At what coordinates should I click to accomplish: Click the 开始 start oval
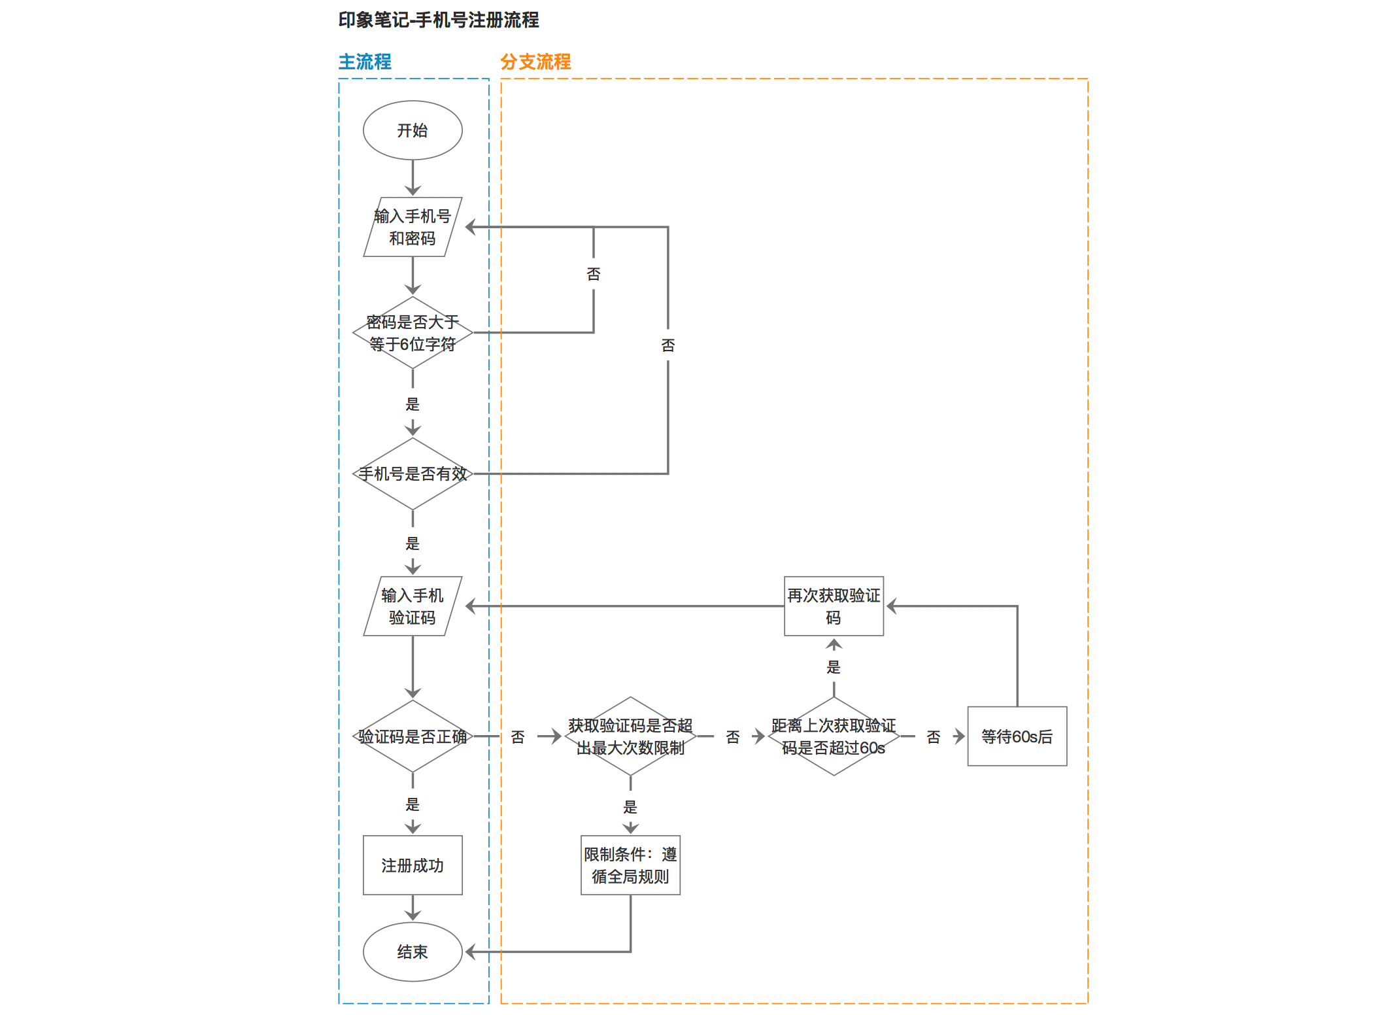coord(413,130)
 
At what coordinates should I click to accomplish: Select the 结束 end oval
coord(413,952)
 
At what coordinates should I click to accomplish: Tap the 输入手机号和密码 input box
coord(413,227)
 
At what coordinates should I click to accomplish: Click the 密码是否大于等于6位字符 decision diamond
coord(413,333)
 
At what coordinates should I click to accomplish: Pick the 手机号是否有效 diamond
coord(413,473)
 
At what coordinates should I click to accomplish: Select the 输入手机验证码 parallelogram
coord(413,606)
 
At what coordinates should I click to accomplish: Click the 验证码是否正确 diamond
coord(413,736)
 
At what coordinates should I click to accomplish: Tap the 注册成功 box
coord(413,865)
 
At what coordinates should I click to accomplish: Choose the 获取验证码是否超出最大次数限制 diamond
coord(630,736)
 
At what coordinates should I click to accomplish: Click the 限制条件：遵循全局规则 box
coord(630,865)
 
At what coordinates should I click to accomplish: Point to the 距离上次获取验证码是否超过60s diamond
coord(834,736)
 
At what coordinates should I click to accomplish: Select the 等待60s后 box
coord(1017,736)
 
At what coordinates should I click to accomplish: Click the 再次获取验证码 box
coord(834,606)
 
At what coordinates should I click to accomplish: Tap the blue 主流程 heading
coord(365,62)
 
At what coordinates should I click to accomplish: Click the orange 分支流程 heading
coord(535,62)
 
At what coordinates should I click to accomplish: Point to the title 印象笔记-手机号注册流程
coord(439,20)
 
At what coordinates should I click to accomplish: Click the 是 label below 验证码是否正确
coord(413,804)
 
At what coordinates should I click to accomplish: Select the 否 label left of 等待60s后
coord(934,737)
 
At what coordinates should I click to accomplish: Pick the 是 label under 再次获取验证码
coord(834,667)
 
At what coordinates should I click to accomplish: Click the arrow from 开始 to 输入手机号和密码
coord(413,178)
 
